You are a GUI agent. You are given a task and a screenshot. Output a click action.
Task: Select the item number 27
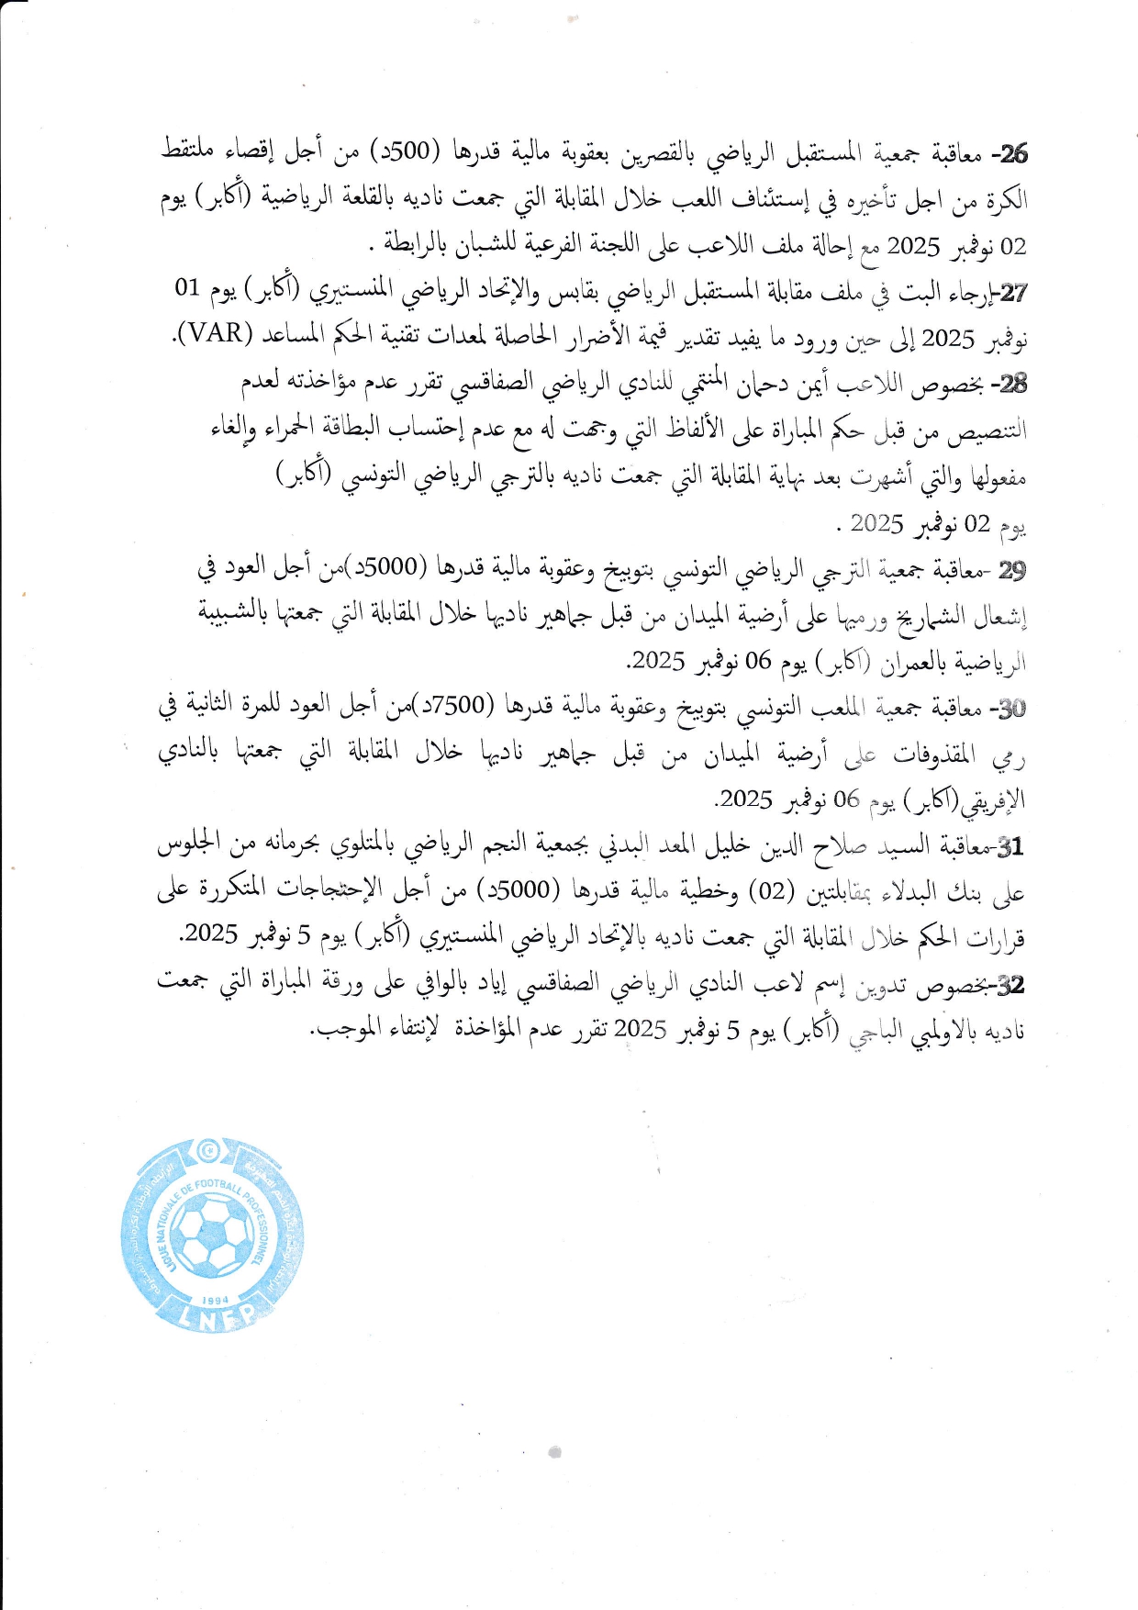(1013, 293)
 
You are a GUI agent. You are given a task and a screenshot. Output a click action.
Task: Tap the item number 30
(1011, 709)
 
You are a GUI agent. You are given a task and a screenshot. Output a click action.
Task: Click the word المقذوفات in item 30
(936, 755)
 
